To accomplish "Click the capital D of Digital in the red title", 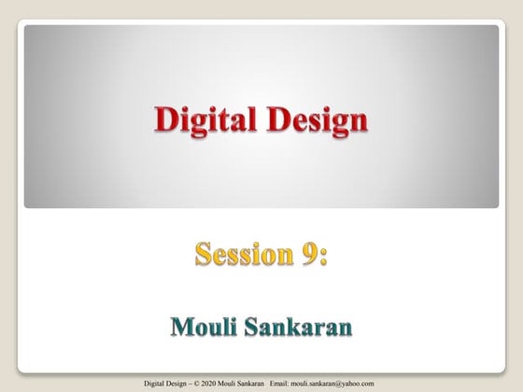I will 164,119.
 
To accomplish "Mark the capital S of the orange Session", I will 203,254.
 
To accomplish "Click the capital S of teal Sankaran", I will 253,328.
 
